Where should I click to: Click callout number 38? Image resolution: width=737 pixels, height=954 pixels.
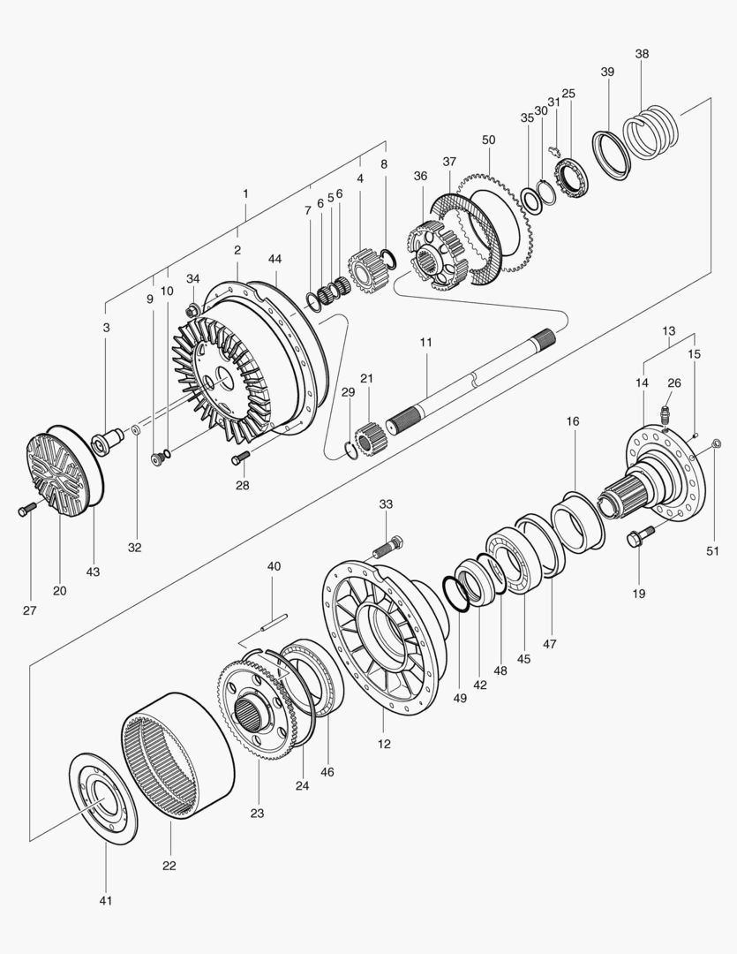[x=642, y=54]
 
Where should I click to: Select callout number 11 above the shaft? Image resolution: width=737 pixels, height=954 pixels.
[x=425, y=341]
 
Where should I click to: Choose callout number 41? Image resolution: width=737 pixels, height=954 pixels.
[x=105, y=900]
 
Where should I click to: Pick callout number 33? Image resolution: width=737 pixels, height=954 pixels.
[x=386, y=503]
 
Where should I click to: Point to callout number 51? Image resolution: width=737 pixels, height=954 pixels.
[x=713, y=551]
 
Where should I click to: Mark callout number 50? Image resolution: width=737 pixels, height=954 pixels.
[x=489, y=140]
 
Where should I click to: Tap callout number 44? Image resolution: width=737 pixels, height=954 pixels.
[x=275, y=259]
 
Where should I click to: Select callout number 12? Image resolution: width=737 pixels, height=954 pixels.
[x=384, y=744]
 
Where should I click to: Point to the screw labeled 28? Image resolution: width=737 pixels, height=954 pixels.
[x=241, y=457]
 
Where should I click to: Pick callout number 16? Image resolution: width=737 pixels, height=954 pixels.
[x=573, y=422]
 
